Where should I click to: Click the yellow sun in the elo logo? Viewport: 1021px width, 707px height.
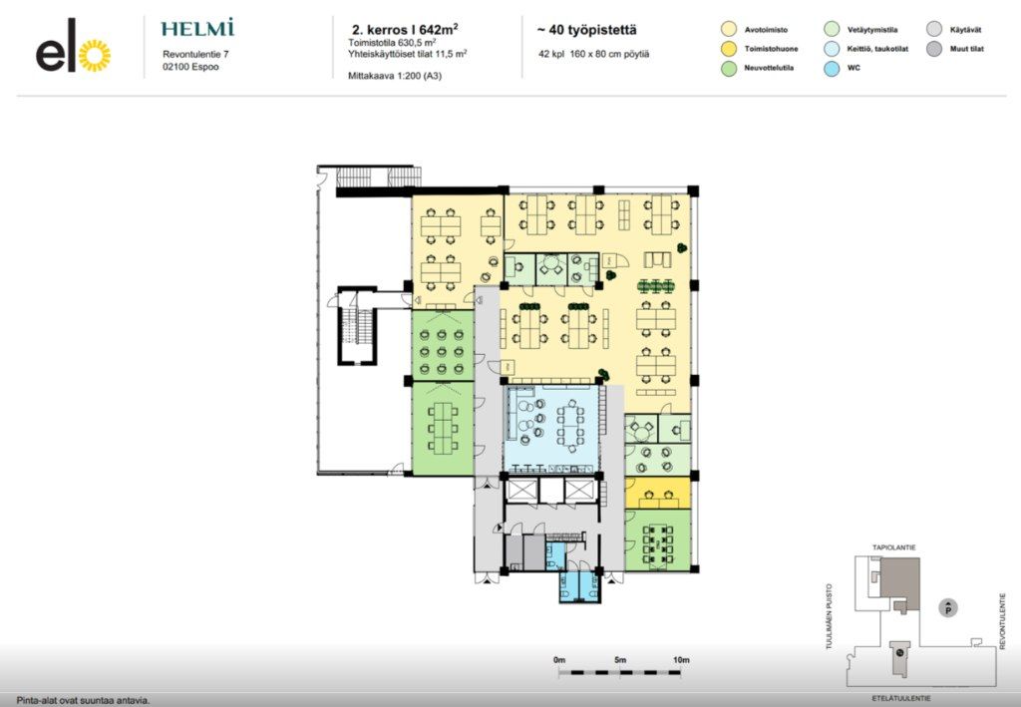pyautogui.click(x=95, y=55)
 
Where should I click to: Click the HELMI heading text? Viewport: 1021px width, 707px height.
pyautogui.click(x=197, y=29)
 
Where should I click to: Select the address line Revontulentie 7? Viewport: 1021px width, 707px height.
pyautogui.click(x=195, y=55)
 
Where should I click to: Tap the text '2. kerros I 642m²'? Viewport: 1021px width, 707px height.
pyautogui.click(x=405, y=29)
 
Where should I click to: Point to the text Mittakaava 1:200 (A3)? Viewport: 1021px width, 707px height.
pyautogui.click(x=395, y=76)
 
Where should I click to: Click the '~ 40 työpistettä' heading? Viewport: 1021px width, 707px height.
pyautogui.click(x=586, y=30)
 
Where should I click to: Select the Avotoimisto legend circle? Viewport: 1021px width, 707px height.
pyautogui.click(x=729, y=29)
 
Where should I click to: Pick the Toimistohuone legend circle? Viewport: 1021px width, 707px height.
pyautogui.click(x=729, y=49)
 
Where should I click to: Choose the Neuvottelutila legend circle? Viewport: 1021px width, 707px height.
pyautogui.click(x=729, y=68)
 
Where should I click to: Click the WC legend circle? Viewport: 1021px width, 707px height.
pyautogui.click(x=832, y=68)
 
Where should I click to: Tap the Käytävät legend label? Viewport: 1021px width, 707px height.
pyautogui.click(x=965, y=30)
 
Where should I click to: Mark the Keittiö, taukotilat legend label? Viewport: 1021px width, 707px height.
pyautogui.click(x=877, y=49)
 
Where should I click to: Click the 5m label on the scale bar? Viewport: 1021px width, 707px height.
pyautogui.click(x=620, y=660)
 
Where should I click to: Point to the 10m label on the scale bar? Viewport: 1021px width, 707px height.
pyautogui.click(x=681, y=660)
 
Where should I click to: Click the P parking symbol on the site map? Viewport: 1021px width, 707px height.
pyautogui.click(x=948, y=608)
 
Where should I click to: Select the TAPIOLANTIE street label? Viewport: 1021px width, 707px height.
pyautogui.click(x=894, y=547)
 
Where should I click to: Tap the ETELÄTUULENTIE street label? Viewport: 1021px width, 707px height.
pyautogui.click(x=901, y=699)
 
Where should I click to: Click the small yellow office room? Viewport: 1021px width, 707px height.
pyautogui.click(x=658, y=493)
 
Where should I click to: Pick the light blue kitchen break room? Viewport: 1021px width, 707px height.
pyautogui.click(x=551, y=429)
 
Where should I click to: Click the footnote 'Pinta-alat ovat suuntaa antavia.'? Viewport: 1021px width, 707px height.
pyautogui.click(x=84, y=701)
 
